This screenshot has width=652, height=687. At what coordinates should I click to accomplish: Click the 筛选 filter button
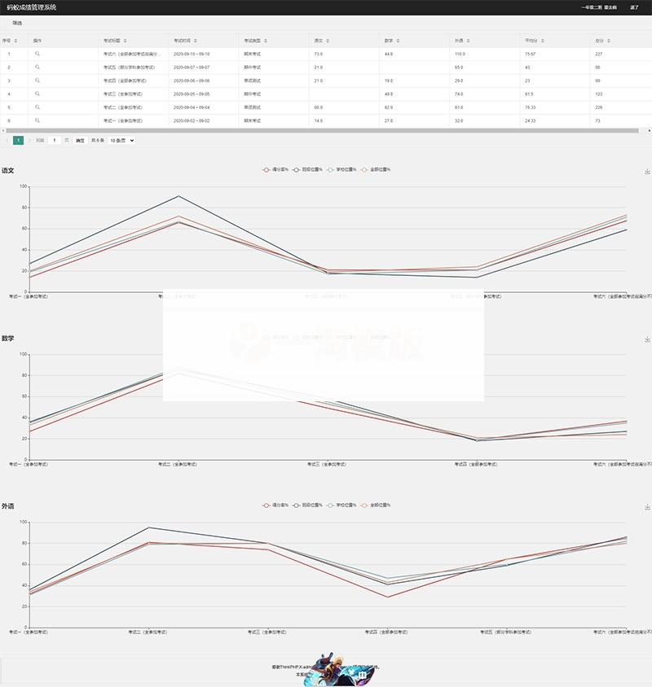pyautogui.click(x=17, y=23)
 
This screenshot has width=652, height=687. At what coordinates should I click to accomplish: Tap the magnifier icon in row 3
pyautogui.click(x=37, y=81)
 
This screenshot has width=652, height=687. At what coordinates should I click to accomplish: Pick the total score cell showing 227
pyautogui.click(x=599, y=54)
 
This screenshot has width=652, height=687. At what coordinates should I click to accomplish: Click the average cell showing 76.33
pyautogui.click(x=530, y=107)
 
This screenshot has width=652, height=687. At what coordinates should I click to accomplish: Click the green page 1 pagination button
pyautogui.click(x=18, y=140)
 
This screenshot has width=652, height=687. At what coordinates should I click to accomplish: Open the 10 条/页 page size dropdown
pyautogui.click(x=121, y=140)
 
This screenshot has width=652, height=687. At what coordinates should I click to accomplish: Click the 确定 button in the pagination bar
pyautogui.click(x=80, y=140)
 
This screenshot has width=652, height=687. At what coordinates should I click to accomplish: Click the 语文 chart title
pyautogui.click(x=8, y=171)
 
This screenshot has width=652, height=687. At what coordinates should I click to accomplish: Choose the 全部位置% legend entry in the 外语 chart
pyautogui.click(x=377, y=505)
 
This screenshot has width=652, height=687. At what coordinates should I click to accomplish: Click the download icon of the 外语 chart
pyautogui.click(x=647, y=506)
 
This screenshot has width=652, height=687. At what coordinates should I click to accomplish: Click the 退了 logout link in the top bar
pyautogui.click(x=635, y=7)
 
